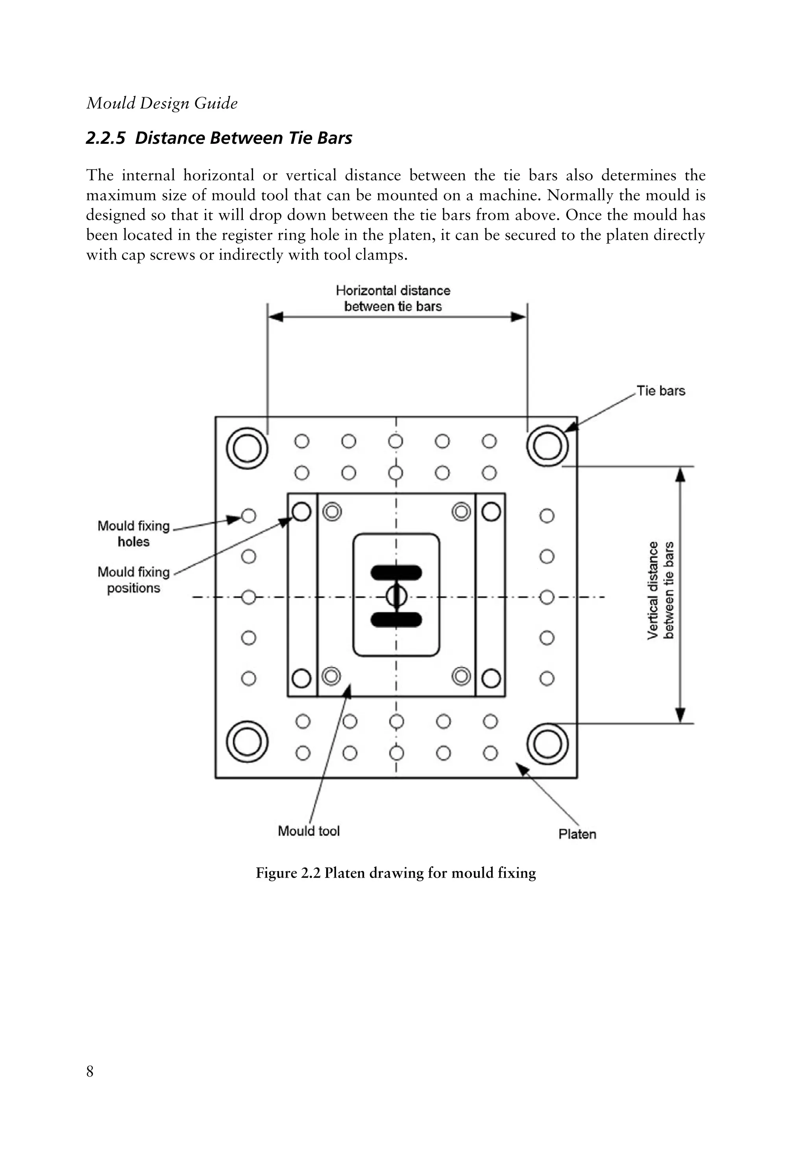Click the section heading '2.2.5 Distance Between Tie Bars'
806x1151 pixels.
219,138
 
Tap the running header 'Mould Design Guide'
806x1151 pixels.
162,103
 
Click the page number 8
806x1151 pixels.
90,1071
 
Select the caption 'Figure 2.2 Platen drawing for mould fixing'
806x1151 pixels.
396,873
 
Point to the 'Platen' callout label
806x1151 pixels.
577,834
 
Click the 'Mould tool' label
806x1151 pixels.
309,831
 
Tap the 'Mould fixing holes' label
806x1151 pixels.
133,533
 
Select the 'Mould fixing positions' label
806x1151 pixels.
133,580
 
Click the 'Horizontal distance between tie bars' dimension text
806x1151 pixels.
393,298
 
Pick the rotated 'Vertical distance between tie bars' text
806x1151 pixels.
661,590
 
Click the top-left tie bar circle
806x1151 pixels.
247,447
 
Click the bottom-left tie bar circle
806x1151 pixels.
247,742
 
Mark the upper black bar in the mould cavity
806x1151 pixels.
396,572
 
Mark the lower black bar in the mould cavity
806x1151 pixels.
396,620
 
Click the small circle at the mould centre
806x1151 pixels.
396,596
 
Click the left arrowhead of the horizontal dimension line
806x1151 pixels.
275,317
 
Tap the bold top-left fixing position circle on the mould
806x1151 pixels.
301,512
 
